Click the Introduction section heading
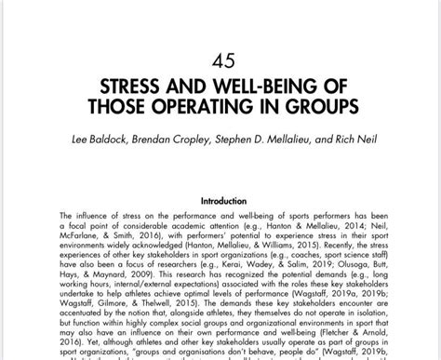220,200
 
